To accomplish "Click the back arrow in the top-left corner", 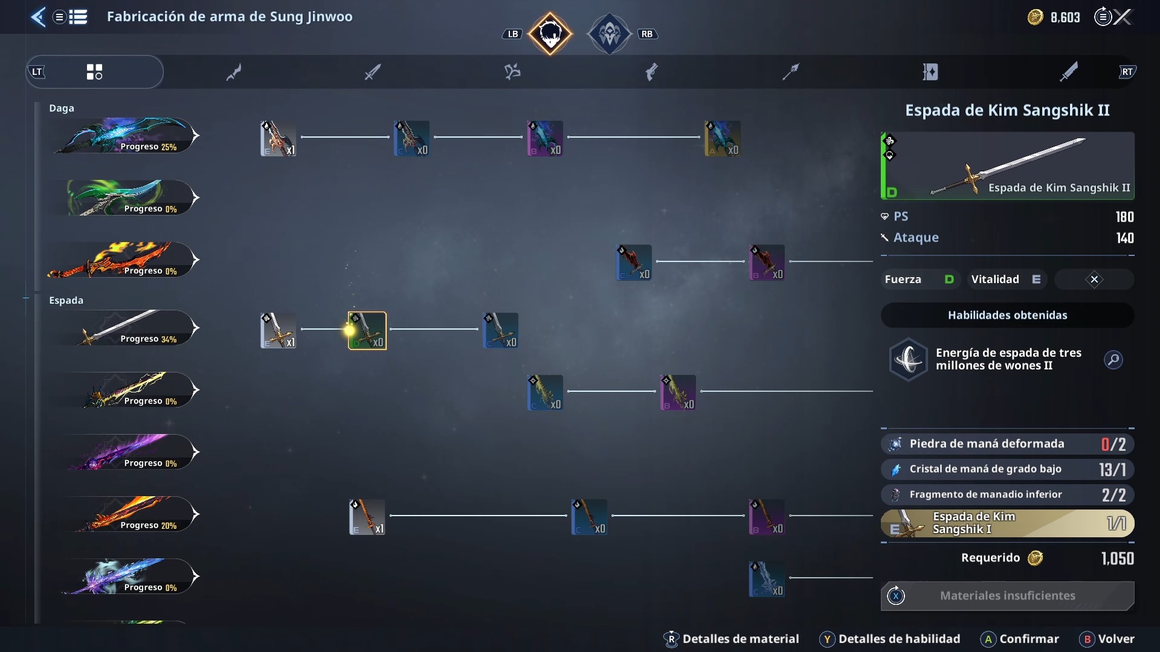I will (x=38, y=17).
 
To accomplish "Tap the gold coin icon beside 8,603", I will (x=1035, y=17).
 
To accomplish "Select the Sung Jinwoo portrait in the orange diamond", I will (x=550, y=34).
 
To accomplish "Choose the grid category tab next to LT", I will (x=94, y=72).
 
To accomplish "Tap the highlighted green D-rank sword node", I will (x=367, y=330).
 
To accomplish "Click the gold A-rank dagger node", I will (x=723, y=138).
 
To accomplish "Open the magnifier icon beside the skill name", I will (x=1113, y=360).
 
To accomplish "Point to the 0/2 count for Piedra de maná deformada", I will (x=1113, y=444).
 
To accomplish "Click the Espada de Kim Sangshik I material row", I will (x=1007, y=523).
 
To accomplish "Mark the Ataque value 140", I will (x=1124, y=238).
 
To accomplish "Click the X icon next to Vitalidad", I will (x=1094, y=280).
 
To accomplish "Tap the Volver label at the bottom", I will (x=1116, y=639).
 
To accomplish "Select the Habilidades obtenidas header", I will (x=1007, y=315).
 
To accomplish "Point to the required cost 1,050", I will (x=1117, y=558).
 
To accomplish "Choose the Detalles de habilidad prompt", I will (x=899, y=639).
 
